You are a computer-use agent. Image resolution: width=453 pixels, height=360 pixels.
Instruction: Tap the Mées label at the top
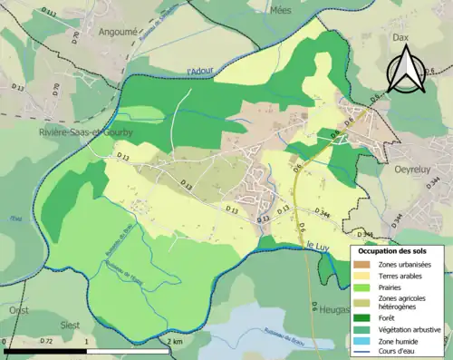click(x=280, y=9)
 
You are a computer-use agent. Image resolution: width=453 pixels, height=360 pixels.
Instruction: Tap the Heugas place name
click(x=333, y=309)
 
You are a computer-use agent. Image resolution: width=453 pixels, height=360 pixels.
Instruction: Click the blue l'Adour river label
click(x=199, y=72)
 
